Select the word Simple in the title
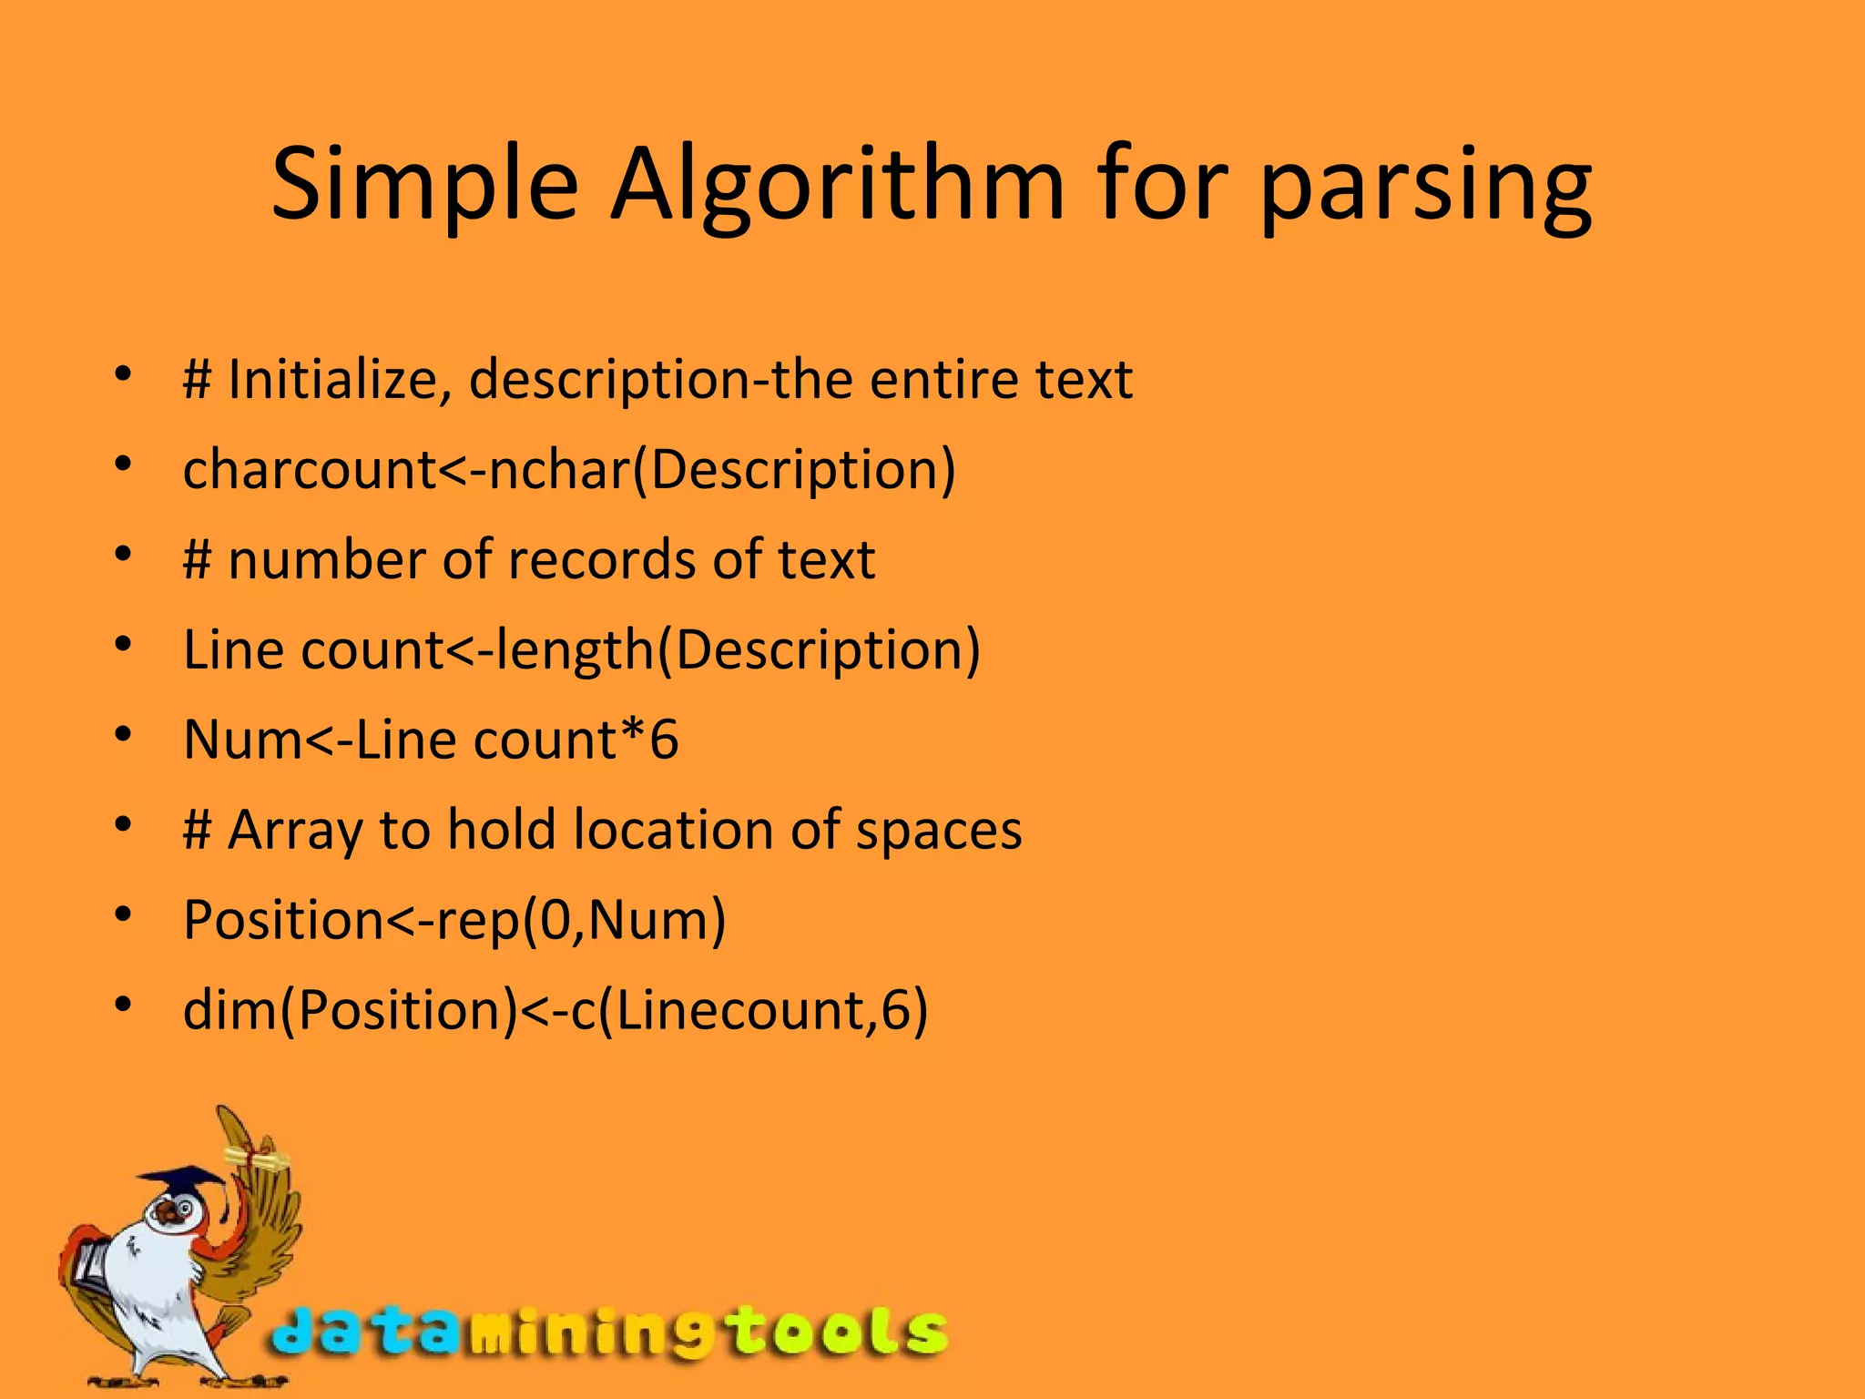point(424,187)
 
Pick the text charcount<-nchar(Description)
point(569,470)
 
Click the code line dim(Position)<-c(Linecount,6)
point(555,1010)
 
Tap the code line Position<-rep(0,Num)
point(454,920)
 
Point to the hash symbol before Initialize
point(197,379)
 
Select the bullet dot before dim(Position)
point(124,1006)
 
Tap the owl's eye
point(185,1209)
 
